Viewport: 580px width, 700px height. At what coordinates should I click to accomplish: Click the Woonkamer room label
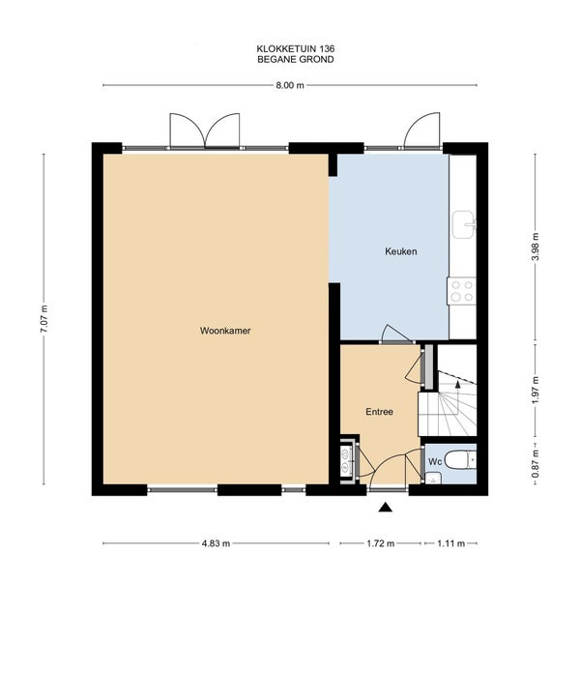pyautogui.click(x=225, y=331)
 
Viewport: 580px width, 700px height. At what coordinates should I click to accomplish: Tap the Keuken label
pyautogui.click(x=401, y=251)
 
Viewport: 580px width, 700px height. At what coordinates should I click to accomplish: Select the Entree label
pyautogui.click(x=380, y=412)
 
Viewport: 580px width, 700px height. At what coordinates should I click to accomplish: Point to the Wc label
pyautogui.click(x=435, y=461)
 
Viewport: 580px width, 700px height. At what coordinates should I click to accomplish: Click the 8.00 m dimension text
pyautogui.click(x=290, y=85)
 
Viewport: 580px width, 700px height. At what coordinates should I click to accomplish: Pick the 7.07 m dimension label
pyautogui.click(x=43, y=319)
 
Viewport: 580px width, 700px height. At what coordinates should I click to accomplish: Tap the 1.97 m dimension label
pyautogui.click(x=536, y=391)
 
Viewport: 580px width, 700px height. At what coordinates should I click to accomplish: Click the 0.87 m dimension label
pyautogui.click(x=536, y=464)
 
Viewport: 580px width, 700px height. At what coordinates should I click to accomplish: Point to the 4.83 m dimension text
pyautogui.click(x=217, y=543)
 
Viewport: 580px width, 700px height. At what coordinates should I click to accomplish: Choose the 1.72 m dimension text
pyautogui.click(x=381, y=543)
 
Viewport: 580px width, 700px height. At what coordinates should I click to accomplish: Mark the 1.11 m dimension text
pyautogui.click(x=451, y=543)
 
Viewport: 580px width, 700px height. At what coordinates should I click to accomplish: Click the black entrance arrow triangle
pyautogui.click(x=386, y=508)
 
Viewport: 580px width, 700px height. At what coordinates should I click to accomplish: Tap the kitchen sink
pyautogui.click(x=464, y=225)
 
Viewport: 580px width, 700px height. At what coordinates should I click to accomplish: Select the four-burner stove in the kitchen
pyautogui.click(x=462, y=291)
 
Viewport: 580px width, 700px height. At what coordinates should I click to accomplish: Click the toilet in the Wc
pyautogui.click(x=460, y=460)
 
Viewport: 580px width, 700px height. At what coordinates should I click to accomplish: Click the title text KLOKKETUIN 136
pyautogui.click(x=296, y=48)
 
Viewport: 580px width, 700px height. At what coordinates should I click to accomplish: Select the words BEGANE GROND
pyautogui.click(x=296, y=59)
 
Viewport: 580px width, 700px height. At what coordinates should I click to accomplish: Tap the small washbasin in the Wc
pyautogui.click(x=433, y=479)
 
